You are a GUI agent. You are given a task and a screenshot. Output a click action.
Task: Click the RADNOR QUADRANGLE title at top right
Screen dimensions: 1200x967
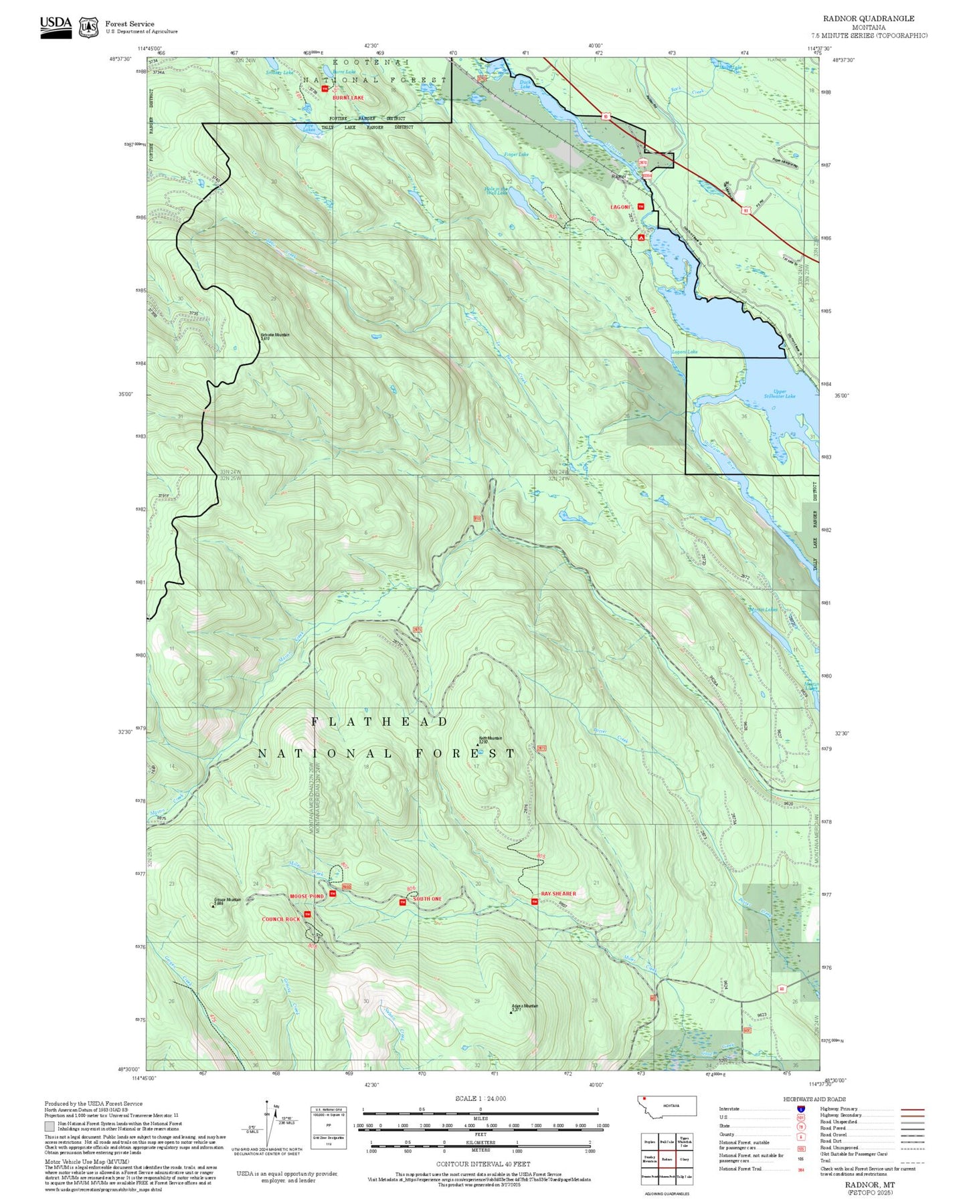click(869, 18)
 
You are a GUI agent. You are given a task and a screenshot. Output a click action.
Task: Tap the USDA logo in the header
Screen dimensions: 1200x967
click(56, 24)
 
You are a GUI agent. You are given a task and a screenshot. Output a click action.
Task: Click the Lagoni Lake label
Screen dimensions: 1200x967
click(685, 352)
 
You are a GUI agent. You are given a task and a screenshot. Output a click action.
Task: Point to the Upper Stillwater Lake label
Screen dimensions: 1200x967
click(780, 394)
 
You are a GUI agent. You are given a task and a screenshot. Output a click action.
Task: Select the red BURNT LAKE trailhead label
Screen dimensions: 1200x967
click(348, 98)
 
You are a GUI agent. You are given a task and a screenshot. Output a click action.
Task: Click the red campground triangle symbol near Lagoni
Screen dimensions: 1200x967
click(641, 237)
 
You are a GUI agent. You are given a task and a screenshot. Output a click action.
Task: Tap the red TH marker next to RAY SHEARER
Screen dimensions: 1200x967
click(534, 902)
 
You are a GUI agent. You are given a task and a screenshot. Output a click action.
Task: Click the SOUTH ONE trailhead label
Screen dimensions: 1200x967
click(427, 899)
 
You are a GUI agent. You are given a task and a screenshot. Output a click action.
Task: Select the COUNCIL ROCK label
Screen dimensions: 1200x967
click(281, 919)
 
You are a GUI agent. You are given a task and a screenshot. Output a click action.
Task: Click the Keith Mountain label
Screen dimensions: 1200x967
click(491, 738)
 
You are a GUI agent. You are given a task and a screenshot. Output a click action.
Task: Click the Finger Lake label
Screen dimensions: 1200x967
click(516, 155)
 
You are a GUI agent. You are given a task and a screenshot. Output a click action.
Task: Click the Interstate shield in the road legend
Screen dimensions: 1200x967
click(801, 1108)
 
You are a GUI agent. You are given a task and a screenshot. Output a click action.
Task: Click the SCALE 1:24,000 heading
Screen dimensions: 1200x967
click(480, 1098)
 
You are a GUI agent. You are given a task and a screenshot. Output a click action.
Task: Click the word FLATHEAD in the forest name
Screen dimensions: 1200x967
click(379, 722)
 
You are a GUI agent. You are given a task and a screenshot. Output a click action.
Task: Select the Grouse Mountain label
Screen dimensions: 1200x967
click(228, 900)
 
